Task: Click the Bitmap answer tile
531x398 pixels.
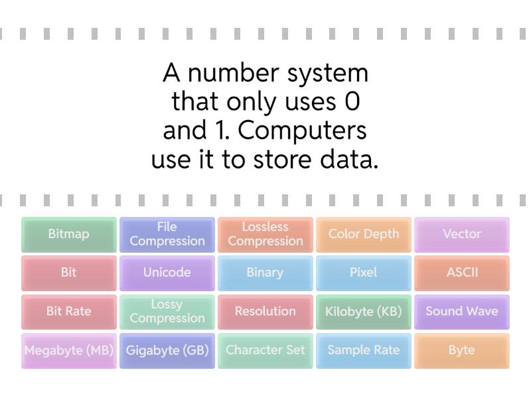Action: coord(69,234)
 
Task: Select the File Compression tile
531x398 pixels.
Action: coord(167,234)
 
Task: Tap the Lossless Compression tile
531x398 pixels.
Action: coord(265,234)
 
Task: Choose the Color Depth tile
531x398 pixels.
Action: coord(364,234)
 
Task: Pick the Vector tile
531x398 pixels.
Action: coord(462,234)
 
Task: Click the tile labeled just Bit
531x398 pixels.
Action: coord(69,273)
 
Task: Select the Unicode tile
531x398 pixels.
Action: coord(167,273)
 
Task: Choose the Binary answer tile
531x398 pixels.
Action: coord(265,273)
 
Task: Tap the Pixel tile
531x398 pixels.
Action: coord(364,273)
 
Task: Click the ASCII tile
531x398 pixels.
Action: coord(462,273)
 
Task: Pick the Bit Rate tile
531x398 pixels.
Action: coord(69,312)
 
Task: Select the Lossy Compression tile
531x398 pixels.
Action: coord(167,312)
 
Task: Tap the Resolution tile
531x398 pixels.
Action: coord(265,312)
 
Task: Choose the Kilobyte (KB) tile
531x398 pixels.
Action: coord(364,312)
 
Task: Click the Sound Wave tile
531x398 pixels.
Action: coord(462,312)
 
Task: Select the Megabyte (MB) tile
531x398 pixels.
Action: coord(69,350)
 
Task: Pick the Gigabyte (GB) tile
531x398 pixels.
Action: coord(167,350)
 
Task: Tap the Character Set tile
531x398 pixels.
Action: coord(265,350)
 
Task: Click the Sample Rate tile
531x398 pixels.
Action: coord(364,350)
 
